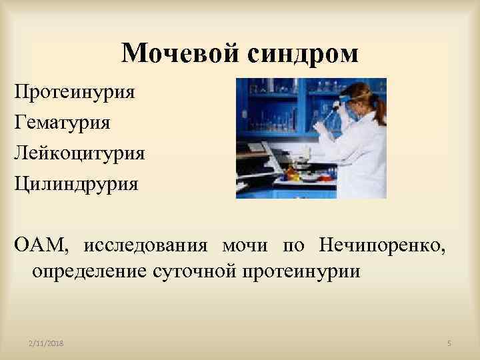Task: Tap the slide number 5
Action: [449, 343]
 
